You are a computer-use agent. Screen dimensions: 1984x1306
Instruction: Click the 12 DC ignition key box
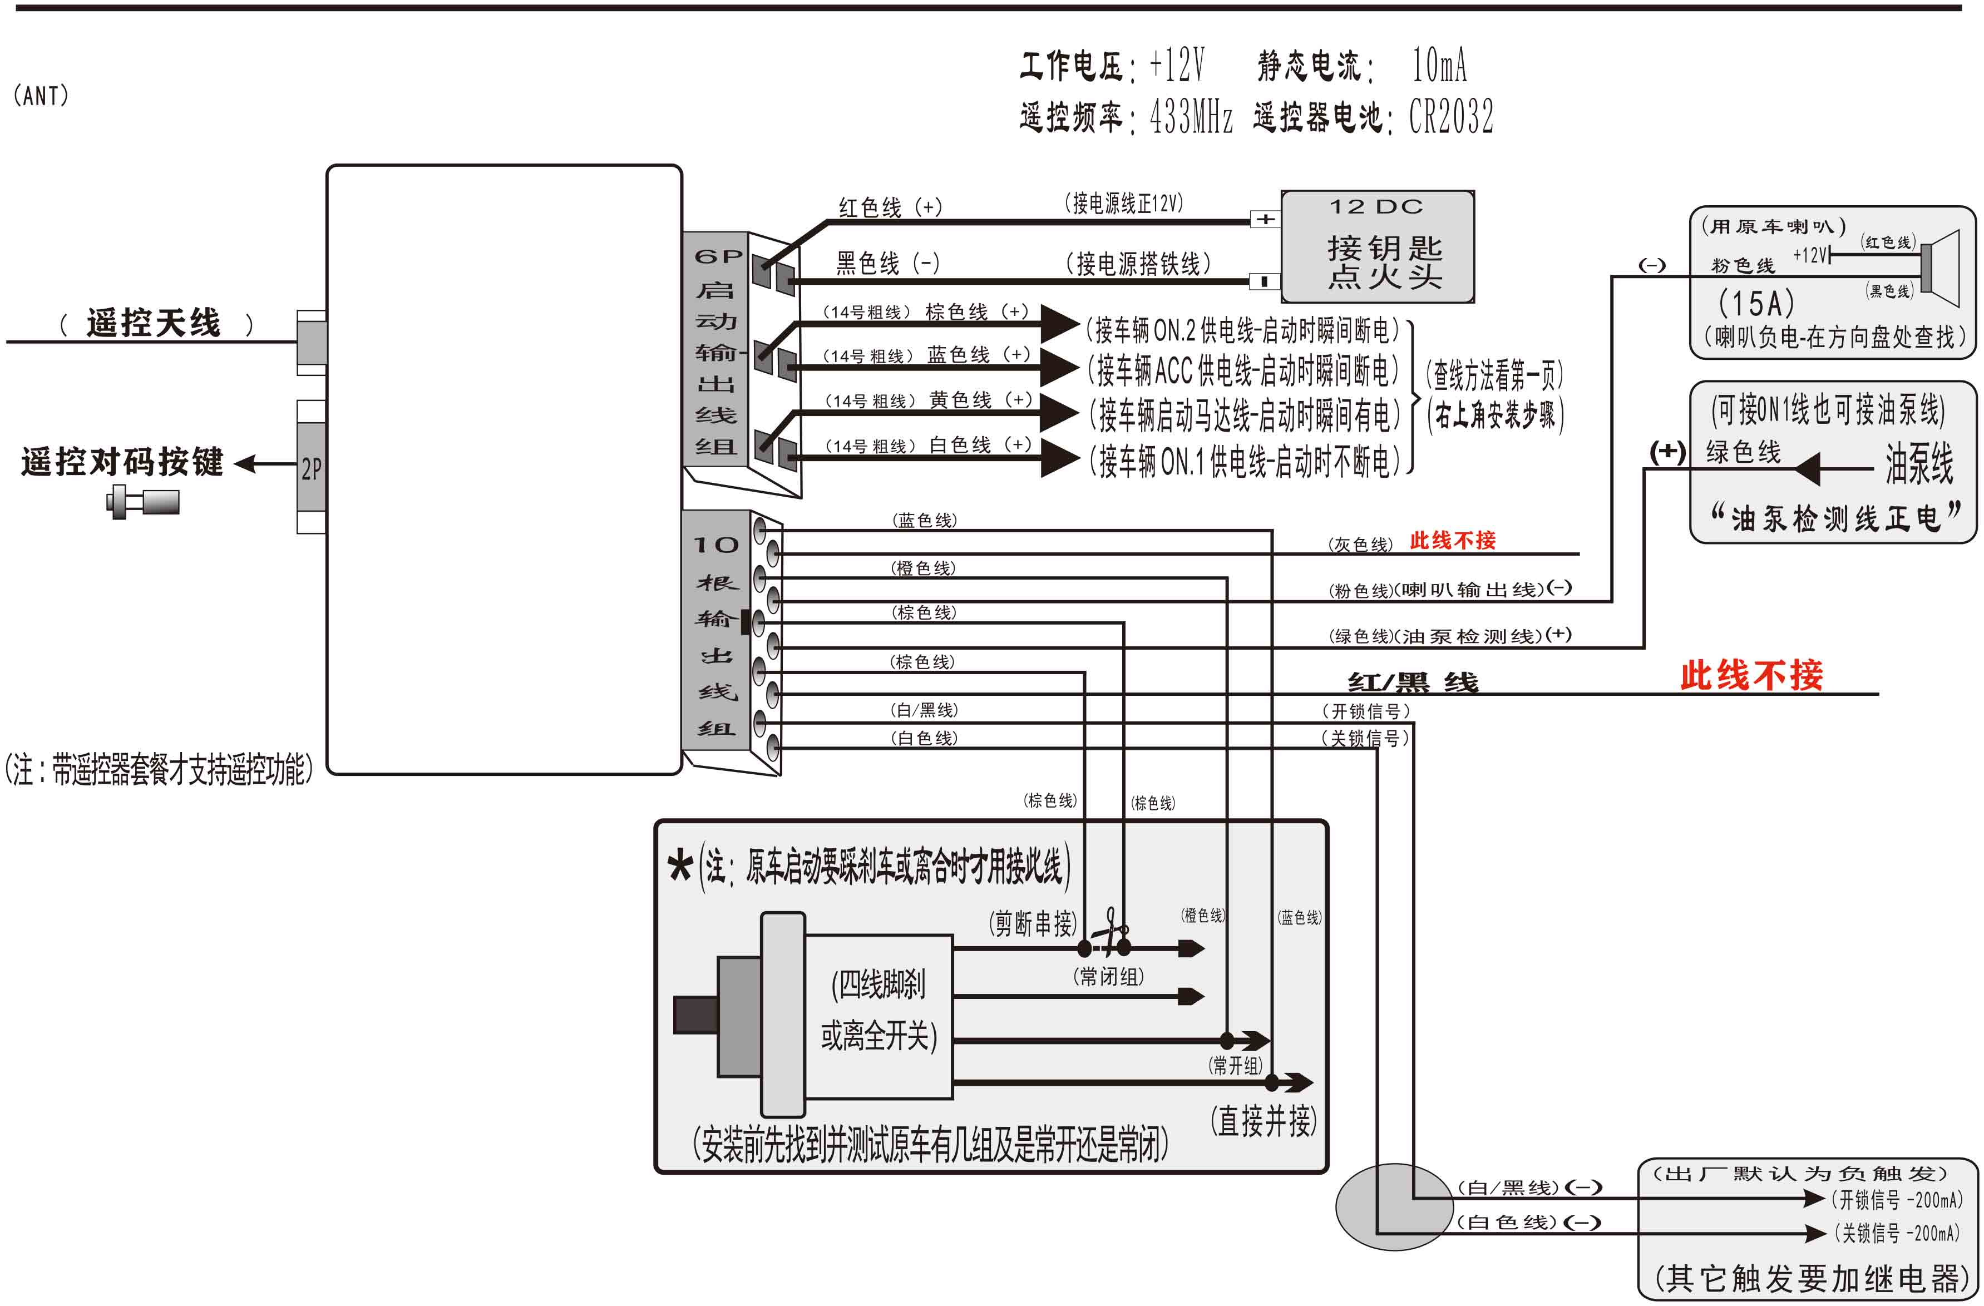click(1377, 246)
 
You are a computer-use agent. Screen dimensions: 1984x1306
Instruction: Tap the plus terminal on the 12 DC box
click(1265, 219)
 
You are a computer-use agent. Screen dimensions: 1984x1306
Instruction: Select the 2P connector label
click(311, 468)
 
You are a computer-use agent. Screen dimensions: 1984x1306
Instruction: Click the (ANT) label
click(41, 96)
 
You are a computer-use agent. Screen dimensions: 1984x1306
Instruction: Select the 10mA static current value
click(1439, 65)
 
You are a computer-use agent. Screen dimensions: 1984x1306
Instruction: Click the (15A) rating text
click(1756, 303)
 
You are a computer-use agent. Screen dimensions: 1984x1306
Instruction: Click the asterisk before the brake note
click(680, 867)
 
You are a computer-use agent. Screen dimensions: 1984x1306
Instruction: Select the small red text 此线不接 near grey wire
click(1452, 541)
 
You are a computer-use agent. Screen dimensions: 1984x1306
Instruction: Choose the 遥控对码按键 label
click(122, 462)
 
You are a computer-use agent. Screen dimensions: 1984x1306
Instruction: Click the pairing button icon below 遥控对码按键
click(142, 502)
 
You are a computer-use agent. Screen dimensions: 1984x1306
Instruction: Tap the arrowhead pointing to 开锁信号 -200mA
click(1814, 1199)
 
